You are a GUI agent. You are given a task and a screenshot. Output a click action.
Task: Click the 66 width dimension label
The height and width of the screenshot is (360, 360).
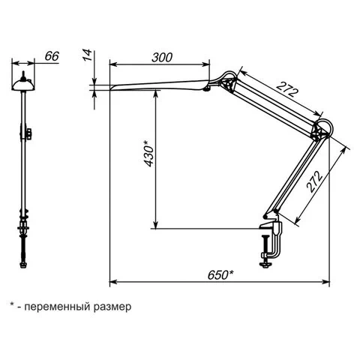tap(52, 56)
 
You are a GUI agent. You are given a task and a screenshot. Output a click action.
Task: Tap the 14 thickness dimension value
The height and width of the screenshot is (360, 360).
tap(88, 55)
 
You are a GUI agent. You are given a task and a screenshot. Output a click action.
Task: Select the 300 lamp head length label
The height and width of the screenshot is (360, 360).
tap(162, 58)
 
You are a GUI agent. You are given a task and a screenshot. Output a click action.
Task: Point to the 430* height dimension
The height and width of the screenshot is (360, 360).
tap(149, 154)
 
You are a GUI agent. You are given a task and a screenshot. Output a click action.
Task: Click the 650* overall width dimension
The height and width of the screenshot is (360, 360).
tap(220, 275)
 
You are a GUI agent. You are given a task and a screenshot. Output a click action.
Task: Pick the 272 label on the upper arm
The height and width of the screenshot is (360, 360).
tap(287, 89)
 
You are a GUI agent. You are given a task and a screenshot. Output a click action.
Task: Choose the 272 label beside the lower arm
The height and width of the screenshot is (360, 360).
tap(315, 181)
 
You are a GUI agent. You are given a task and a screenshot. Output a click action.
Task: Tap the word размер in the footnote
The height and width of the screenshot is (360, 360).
tap(112, 307)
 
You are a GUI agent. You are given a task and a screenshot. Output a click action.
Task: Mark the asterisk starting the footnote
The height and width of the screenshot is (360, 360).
tap(12, 304)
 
